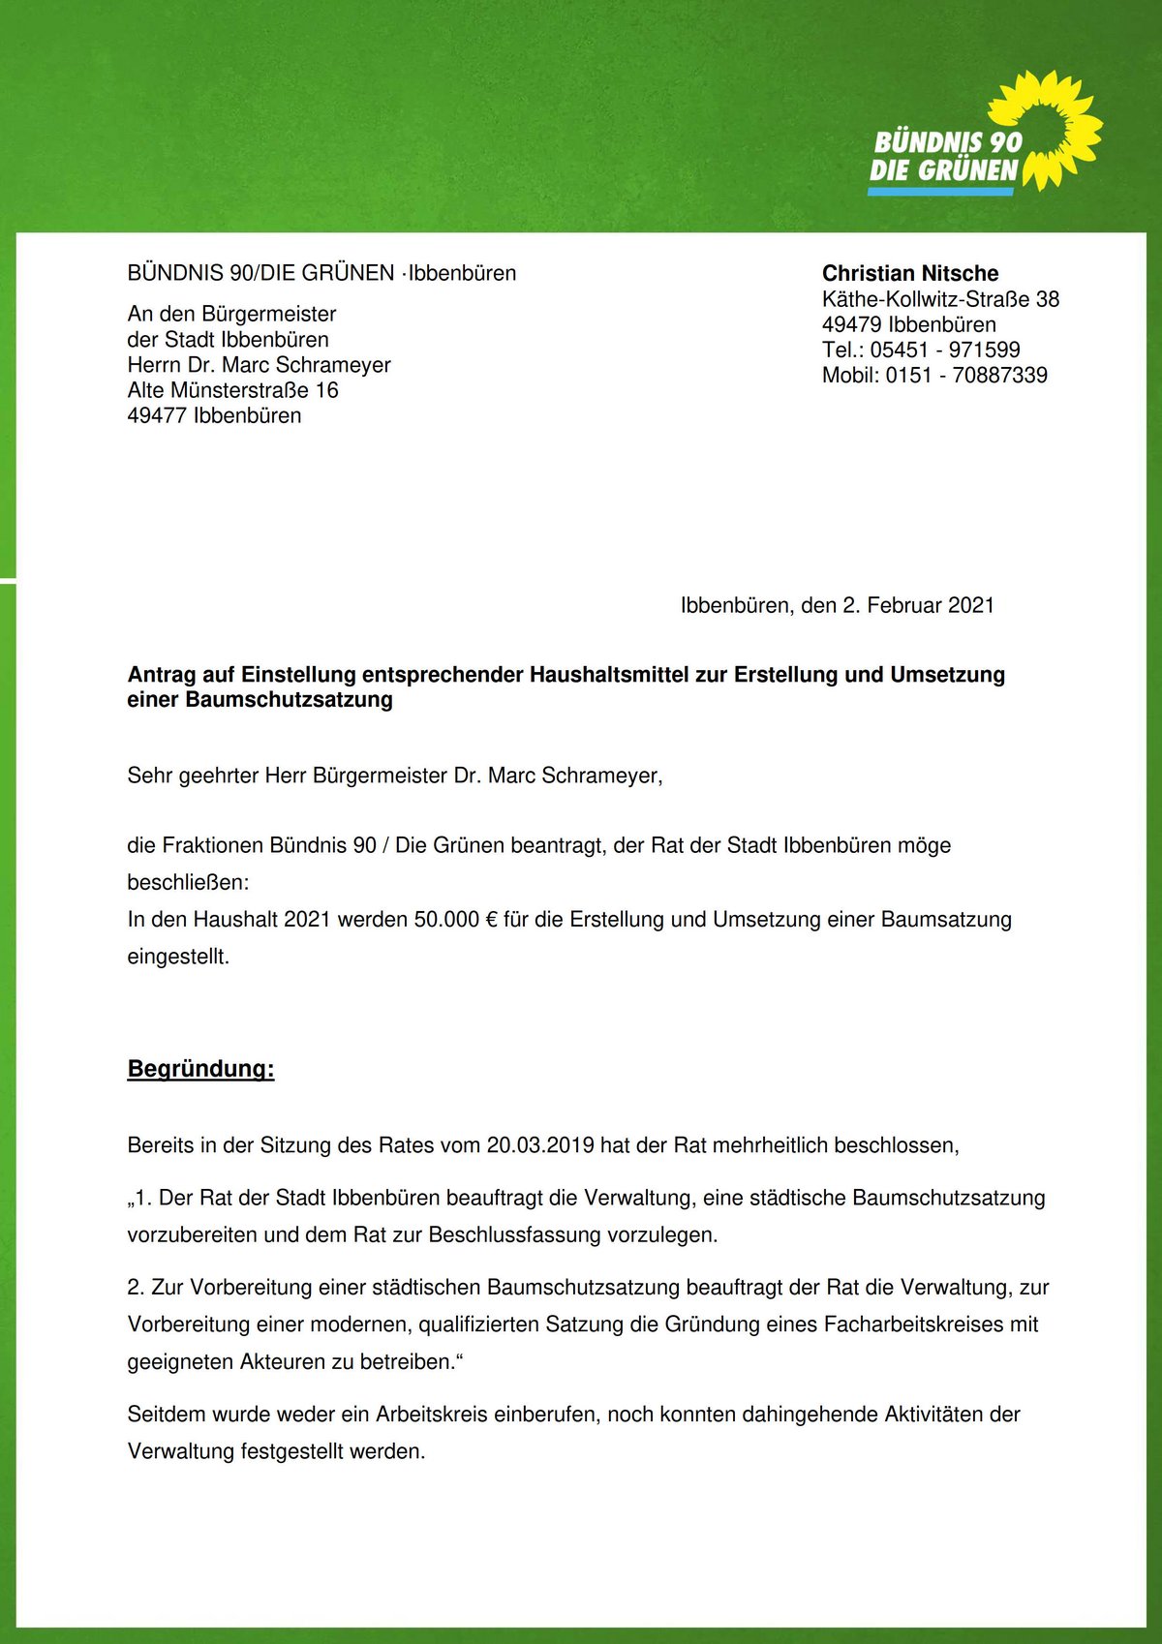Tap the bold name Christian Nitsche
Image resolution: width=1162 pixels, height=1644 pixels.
click(x=910, y=273)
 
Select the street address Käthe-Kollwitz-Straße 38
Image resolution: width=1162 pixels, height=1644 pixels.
click(x=940, y=299)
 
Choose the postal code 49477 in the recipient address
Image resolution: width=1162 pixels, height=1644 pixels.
click(x=157, y=415)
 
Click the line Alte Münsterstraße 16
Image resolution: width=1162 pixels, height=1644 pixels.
click(x=232, y=390)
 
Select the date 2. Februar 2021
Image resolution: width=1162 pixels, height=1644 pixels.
click(x=918, y=605)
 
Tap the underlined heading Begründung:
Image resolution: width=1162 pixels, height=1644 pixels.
click(x=200, y=1069)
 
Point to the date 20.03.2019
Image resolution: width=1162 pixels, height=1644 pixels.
click(x=540, y=1145)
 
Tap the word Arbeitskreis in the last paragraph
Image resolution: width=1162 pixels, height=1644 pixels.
click(x=432, y=1415)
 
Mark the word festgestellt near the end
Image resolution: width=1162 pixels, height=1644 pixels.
click(x=292, y=1451)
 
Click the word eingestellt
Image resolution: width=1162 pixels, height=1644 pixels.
click(x=178, y=957)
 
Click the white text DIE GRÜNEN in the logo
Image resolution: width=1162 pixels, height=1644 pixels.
click(x=943, y=171)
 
